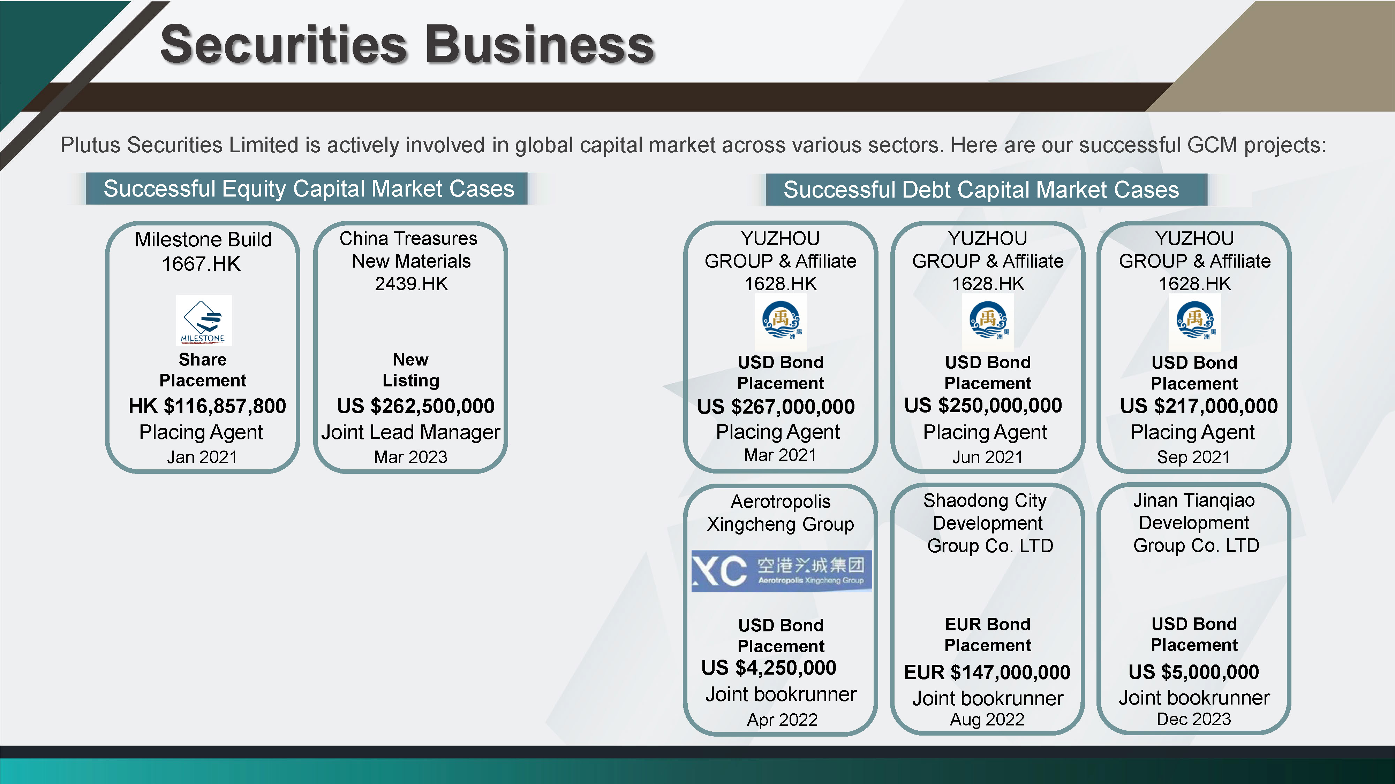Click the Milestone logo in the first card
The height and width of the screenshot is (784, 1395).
204,320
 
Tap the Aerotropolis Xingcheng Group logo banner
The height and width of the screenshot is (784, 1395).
782,571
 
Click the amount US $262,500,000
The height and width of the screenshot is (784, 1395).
415,406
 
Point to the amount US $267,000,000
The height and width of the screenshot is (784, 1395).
776,406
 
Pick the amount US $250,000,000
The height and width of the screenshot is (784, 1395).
983,405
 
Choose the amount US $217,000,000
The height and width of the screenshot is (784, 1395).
1199,406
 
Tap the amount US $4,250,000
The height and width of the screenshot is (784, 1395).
769,668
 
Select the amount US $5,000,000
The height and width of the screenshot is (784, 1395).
1193,672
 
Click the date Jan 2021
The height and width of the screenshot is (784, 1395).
202,457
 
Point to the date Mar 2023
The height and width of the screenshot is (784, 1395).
410,457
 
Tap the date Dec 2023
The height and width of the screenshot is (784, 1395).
1193,719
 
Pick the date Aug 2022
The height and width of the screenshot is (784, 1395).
987,720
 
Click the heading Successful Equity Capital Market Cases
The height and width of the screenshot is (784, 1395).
309,189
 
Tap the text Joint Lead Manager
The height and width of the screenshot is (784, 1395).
410,432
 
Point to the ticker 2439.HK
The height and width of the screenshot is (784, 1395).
412,284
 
